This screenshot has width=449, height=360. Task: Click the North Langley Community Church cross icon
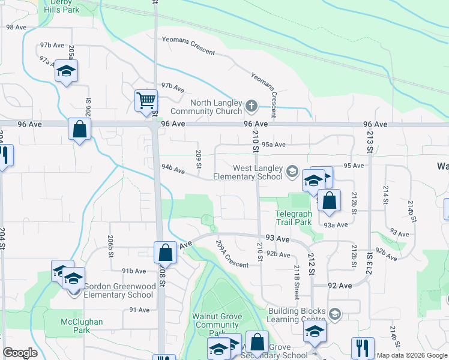click(252, 106)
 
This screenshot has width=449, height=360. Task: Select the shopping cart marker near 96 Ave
click(146, 101)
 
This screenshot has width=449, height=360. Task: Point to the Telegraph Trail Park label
click(294, 218)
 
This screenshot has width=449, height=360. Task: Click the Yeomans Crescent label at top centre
click(188, 46)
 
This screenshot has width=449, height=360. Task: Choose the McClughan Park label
click(82, 326)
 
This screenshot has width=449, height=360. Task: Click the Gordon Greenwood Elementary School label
click(118, 290)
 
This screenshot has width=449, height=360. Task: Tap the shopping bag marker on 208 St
click(166, 252)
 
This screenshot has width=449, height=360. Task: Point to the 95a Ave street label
click(273, 145)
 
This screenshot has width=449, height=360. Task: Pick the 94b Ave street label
click(172, 170)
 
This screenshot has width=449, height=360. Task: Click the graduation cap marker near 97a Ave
click(67, 71)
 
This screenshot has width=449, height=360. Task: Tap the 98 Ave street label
click(16, 27)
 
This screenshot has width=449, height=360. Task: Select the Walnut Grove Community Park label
click(217, 325)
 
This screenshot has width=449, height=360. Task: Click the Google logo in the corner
click(20, 353)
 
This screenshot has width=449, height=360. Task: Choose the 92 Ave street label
click(340, 286)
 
